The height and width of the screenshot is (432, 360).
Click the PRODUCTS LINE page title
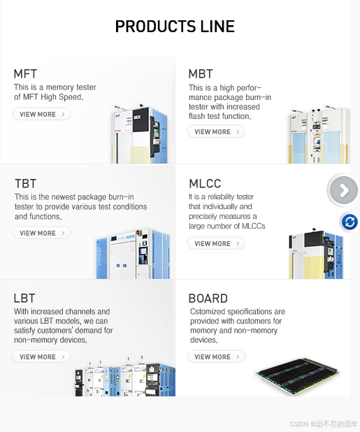pos(175,27)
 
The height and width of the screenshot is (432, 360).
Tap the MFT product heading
pos(25,74)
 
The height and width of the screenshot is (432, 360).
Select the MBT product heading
pos(201,74)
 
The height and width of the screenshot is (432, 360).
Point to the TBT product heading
pos(25,183)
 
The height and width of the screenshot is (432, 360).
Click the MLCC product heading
pos(205,183)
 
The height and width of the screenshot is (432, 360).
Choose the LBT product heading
pos(24,298)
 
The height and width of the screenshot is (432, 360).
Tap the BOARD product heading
pos(208,298)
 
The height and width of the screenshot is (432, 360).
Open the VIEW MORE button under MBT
pos(216,131)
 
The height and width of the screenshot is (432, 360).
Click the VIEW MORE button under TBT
pos(41,233)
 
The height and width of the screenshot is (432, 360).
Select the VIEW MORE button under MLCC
pos(216,243)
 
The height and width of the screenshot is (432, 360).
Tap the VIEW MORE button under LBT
pos(41,357)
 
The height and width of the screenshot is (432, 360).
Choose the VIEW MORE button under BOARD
pos(216,357)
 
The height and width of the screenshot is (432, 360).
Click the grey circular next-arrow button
pos(344,190)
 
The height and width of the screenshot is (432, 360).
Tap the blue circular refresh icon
pos(350,222)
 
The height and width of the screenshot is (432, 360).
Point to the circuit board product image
pos(298,376)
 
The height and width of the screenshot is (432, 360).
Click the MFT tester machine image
pos(140,134)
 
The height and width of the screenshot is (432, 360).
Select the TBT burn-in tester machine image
pos(133,254)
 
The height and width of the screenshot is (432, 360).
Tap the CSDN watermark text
pos(324,424)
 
